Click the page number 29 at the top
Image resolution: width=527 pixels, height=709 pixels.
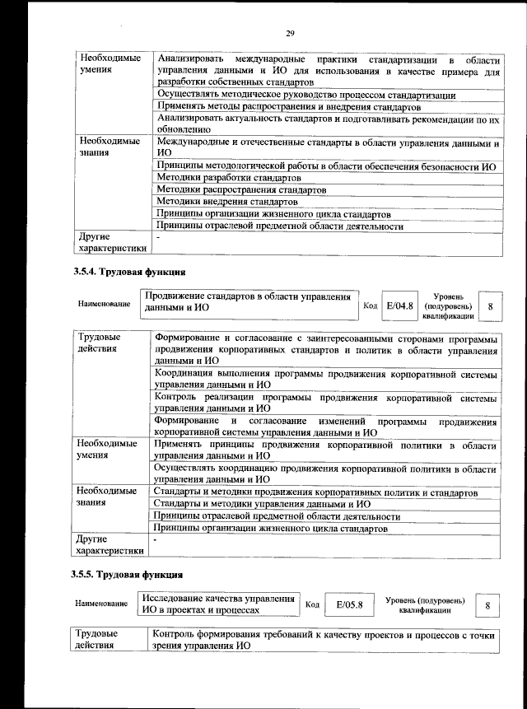coord(290,33)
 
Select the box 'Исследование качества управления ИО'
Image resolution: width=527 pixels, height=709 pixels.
coord(219,604)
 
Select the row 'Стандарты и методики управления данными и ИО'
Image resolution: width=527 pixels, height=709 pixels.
coord(262,503)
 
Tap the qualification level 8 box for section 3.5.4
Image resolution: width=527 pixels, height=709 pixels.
coord(491,306)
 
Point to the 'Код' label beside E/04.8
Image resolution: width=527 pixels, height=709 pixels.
coord(371,306)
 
